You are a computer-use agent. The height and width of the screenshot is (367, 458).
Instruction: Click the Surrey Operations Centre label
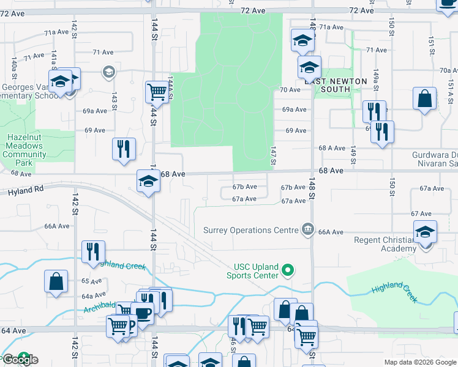tap(250, 231)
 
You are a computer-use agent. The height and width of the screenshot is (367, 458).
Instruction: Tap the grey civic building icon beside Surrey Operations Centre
tap(308, 229)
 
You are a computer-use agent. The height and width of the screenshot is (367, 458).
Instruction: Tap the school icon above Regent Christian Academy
tap(425, 233)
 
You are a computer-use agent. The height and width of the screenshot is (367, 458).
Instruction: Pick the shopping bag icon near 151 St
tap(424, 98)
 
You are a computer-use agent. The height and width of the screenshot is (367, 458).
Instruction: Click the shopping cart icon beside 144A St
tap(157, 92)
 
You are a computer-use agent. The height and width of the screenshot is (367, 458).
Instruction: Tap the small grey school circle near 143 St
tap(109, 72)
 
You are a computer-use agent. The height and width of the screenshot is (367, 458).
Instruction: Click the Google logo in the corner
tap(20, 360)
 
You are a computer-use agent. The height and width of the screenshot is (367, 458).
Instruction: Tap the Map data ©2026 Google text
tap(420, 362)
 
